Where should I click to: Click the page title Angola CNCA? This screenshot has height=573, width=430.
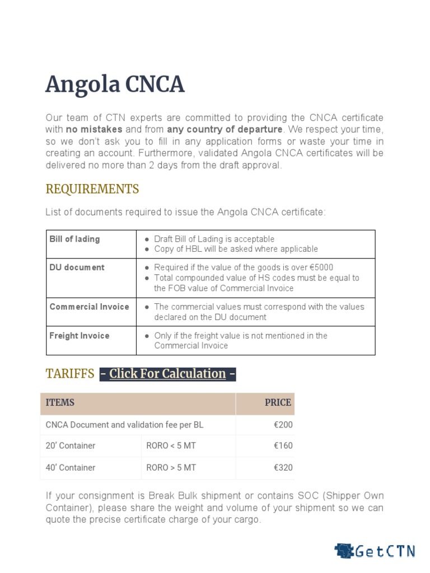coord(114,85)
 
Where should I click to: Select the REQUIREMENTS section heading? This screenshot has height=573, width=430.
coord(92,189)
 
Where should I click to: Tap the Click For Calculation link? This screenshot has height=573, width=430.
coord(167,374)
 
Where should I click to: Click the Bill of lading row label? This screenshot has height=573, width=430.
coord(74,239)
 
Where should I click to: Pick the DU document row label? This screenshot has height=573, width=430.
coord(77,267)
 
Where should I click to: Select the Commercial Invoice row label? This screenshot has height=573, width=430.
coord(89,307)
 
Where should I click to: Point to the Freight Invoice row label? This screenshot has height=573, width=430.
coord(79,336)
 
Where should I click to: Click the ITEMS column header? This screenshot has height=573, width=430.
coord(60,403)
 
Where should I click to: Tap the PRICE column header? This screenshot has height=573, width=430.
coord(278,403)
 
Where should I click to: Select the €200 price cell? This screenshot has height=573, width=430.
coord(283,425)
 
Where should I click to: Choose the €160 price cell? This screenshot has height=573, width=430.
coord(283,446)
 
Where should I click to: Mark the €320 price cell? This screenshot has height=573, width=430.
coord(283,467)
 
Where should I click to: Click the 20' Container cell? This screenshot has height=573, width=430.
coord(71,446)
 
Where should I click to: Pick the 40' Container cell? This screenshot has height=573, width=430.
coord(71,467)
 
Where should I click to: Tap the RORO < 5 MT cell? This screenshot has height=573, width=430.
coord(171,446)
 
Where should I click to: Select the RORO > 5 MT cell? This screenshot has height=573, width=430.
coord(171,467)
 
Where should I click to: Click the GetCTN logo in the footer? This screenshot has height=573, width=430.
coord(375,551)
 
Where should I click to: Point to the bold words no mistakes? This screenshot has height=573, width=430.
coord(90,129)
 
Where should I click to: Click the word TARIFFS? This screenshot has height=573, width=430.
coord(69,374)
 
